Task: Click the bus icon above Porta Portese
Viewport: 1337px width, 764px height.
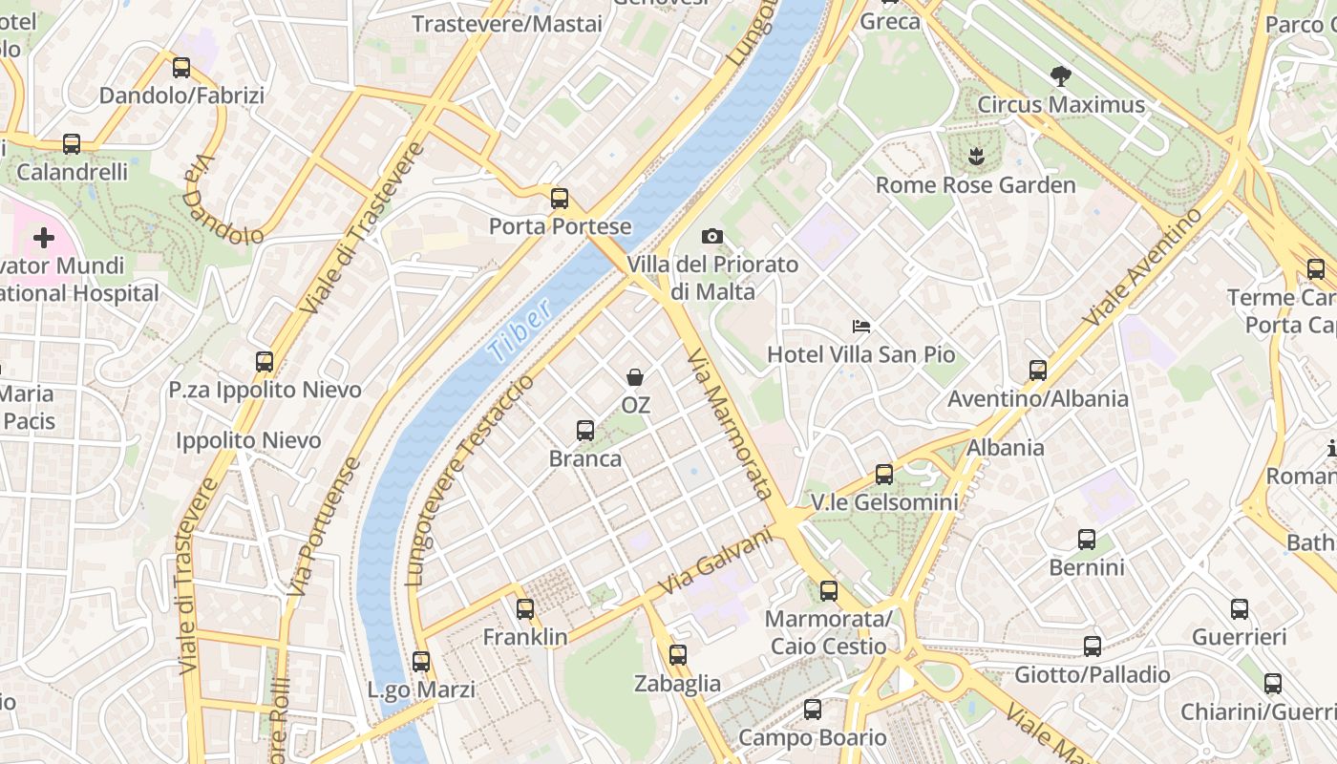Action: [560, 199]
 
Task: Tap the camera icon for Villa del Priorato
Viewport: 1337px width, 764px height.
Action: [711, 236]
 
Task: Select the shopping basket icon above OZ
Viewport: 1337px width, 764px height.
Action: [635, 378]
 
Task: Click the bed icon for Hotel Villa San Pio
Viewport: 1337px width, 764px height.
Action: [860, 327]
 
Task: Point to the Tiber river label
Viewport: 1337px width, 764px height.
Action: [520, 330]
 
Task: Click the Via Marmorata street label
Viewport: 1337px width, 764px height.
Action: [729, 423]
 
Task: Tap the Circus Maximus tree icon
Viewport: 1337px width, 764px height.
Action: [1060, 76]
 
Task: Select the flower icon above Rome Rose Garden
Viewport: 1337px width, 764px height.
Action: [975, 156]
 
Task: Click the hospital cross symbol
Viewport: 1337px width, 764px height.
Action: [44, 237]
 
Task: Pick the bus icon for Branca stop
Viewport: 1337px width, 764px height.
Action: [585, 431]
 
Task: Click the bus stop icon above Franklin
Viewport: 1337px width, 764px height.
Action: [525, 608]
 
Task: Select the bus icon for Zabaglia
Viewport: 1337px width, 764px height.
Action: [678, 655]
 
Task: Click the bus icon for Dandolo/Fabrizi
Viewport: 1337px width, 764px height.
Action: [181, 68]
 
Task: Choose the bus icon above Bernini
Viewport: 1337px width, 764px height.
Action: [1087, 540]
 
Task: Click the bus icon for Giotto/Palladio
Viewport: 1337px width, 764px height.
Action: [1093, 647]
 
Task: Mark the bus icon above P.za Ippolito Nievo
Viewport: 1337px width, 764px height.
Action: [265, 362]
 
